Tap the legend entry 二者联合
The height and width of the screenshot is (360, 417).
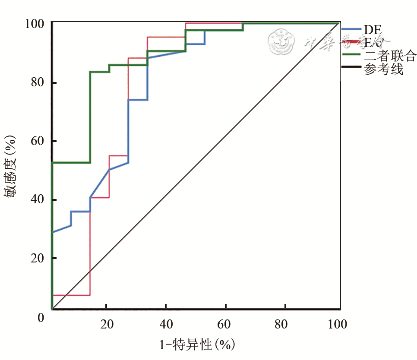390,55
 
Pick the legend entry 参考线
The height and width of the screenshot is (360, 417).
383,69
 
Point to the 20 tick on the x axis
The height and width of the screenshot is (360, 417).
107,324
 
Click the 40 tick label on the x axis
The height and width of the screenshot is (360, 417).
167,324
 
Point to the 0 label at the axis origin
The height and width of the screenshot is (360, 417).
41,318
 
